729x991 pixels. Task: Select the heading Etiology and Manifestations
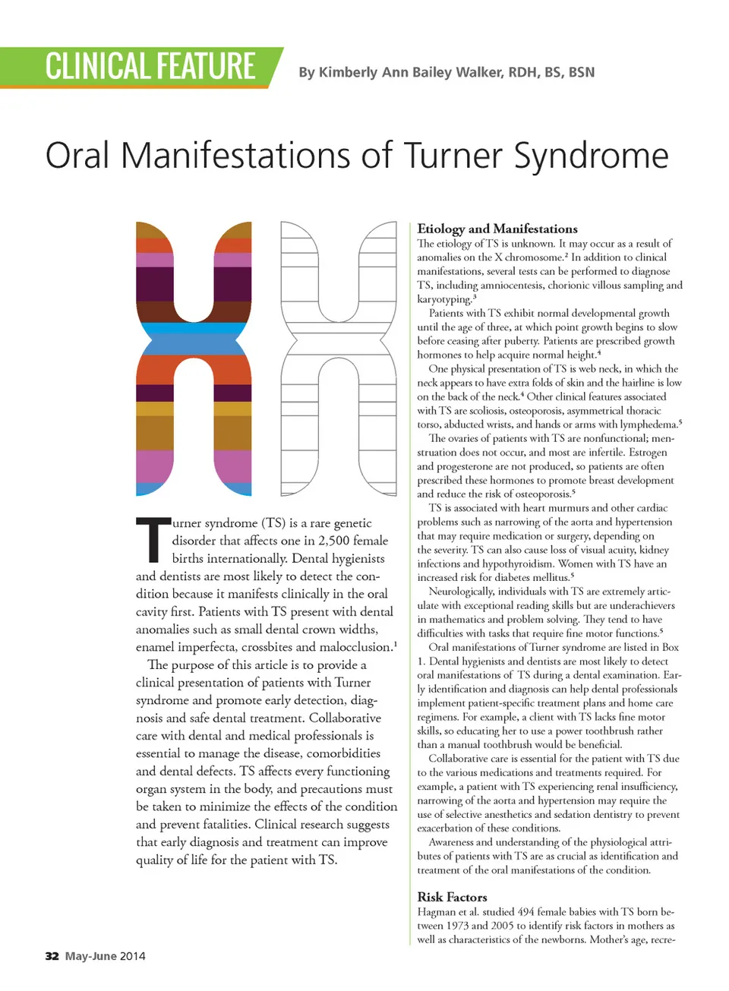point(497,229)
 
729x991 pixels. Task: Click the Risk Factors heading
point(452,897)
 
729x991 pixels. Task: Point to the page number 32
point(52,956)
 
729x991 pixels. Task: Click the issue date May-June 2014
point(105,956)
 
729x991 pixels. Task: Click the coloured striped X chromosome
point(193,357)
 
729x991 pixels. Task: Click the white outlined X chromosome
point(338,357)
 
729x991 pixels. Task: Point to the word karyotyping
point(443,299)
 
